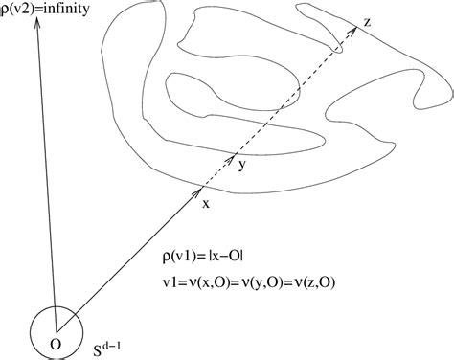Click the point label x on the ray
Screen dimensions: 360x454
point(206,203)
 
